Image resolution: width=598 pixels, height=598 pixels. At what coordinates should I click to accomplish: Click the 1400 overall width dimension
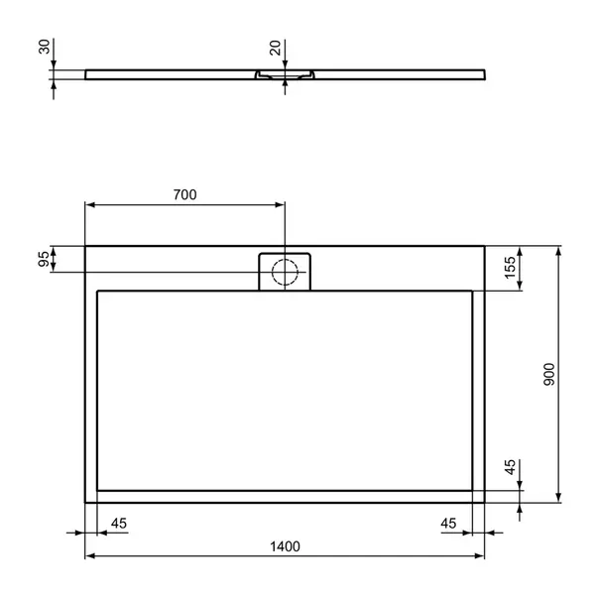click(x=285, y=546)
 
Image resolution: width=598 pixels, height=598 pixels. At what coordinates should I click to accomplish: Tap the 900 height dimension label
click(x=549, y=375)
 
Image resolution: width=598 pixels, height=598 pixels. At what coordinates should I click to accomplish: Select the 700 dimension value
click(x=185, y=194)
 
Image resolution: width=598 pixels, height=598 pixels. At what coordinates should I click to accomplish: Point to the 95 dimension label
click(x=44, y=259)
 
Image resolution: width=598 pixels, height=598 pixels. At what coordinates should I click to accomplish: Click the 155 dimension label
click(x=510, y=268)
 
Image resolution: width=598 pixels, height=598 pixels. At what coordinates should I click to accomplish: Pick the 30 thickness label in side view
click(x=45, y=47)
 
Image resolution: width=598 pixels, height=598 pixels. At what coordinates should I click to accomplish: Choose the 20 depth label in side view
click(x=275, y=48)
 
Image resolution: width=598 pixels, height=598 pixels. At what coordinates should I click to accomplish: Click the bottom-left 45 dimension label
click(x=119, y=524)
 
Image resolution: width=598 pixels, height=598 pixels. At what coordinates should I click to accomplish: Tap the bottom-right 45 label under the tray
click(x=448, y=524)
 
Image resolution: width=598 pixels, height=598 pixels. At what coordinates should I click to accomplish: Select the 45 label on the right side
click(x=510, y=467)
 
